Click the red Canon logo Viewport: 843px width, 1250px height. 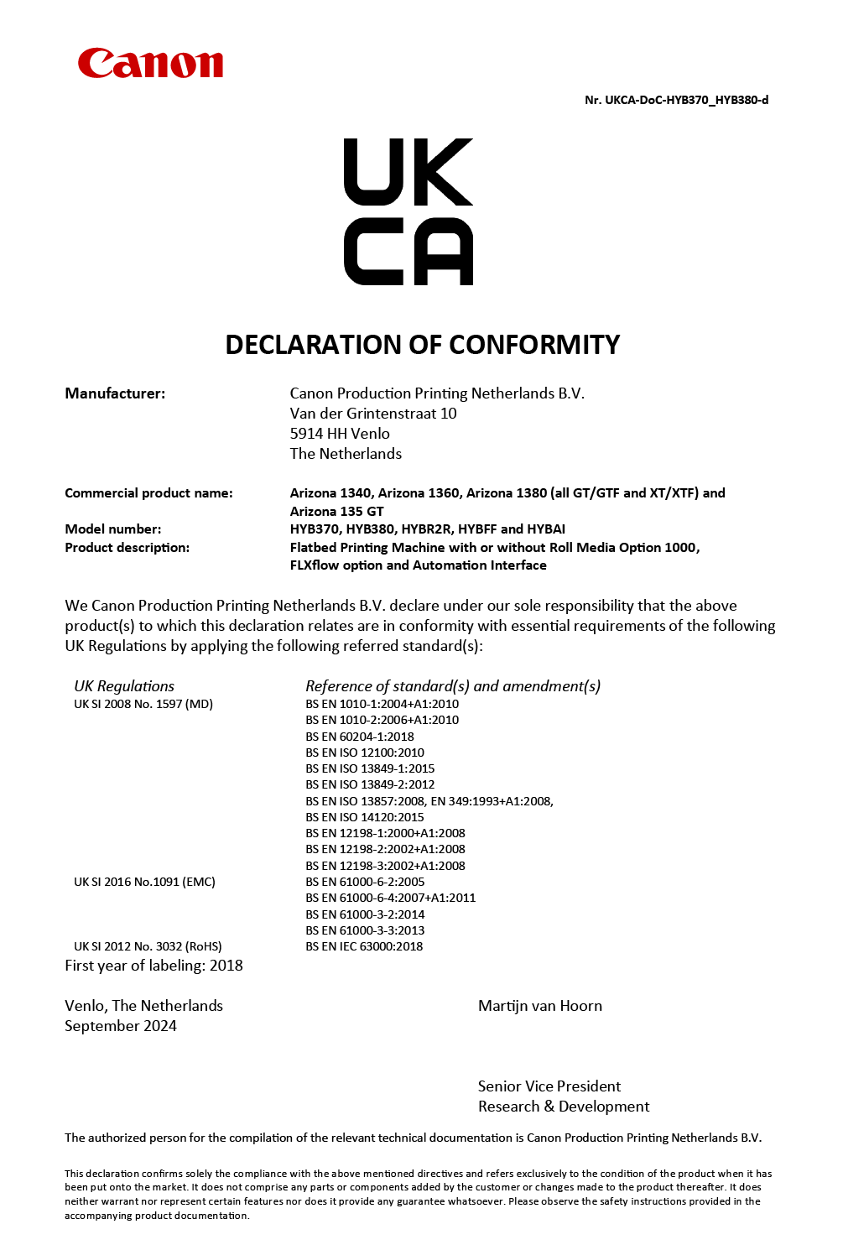click(x=150, y=64)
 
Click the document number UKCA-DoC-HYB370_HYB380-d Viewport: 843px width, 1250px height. click(x=676, y=100)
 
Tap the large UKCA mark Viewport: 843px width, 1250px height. click(x=408, y=211)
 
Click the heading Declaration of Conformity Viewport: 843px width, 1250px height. click(x=422, y=345)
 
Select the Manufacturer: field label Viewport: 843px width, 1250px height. click(x=115, y=393)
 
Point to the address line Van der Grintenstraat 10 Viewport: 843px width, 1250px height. click(x=373, y=414)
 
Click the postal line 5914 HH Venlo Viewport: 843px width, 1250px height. click(x=340, y=434)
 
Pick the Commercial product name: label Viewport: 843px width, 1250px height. click(x=148, y=493)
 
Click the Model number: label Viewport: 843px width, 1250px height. click(x=113, y=529)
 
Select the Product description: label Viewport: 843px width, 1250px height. click(x=127, y=548)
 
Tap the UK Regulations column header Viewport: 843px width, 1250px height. click(x=124, y=686)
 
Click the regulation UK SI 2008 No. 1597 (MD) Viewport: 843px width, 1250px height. click(x=143, y=704)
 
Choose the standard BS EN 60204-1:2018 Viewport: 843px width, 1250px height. click(x=360, y=737)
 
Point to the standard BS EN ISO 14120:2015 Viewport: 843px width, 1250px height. click(x=365, y=817)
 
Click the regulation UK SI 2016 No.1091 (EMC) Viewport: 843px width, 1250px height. click(x=144, y=882)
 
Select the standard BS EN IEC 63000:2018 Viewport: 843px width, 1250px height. click(x=364, y=946)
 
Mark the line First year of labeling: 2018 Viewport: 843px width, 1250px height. click(x=154, y=966)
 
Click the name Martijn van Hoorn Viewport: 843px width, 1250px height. click(x=540, y=1006)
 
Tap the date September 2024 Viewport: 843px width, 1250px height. click(x=121, y=1026)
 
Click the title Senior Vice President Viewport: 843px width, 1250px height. click(x=549, y=1086)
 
